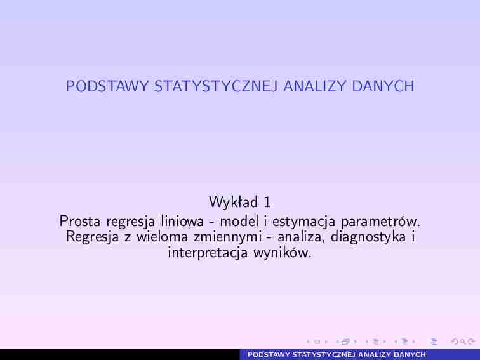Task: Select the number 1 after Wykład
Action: click(x=268, y=203)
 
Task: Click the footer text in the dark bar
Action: click(x=337, y=355)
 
